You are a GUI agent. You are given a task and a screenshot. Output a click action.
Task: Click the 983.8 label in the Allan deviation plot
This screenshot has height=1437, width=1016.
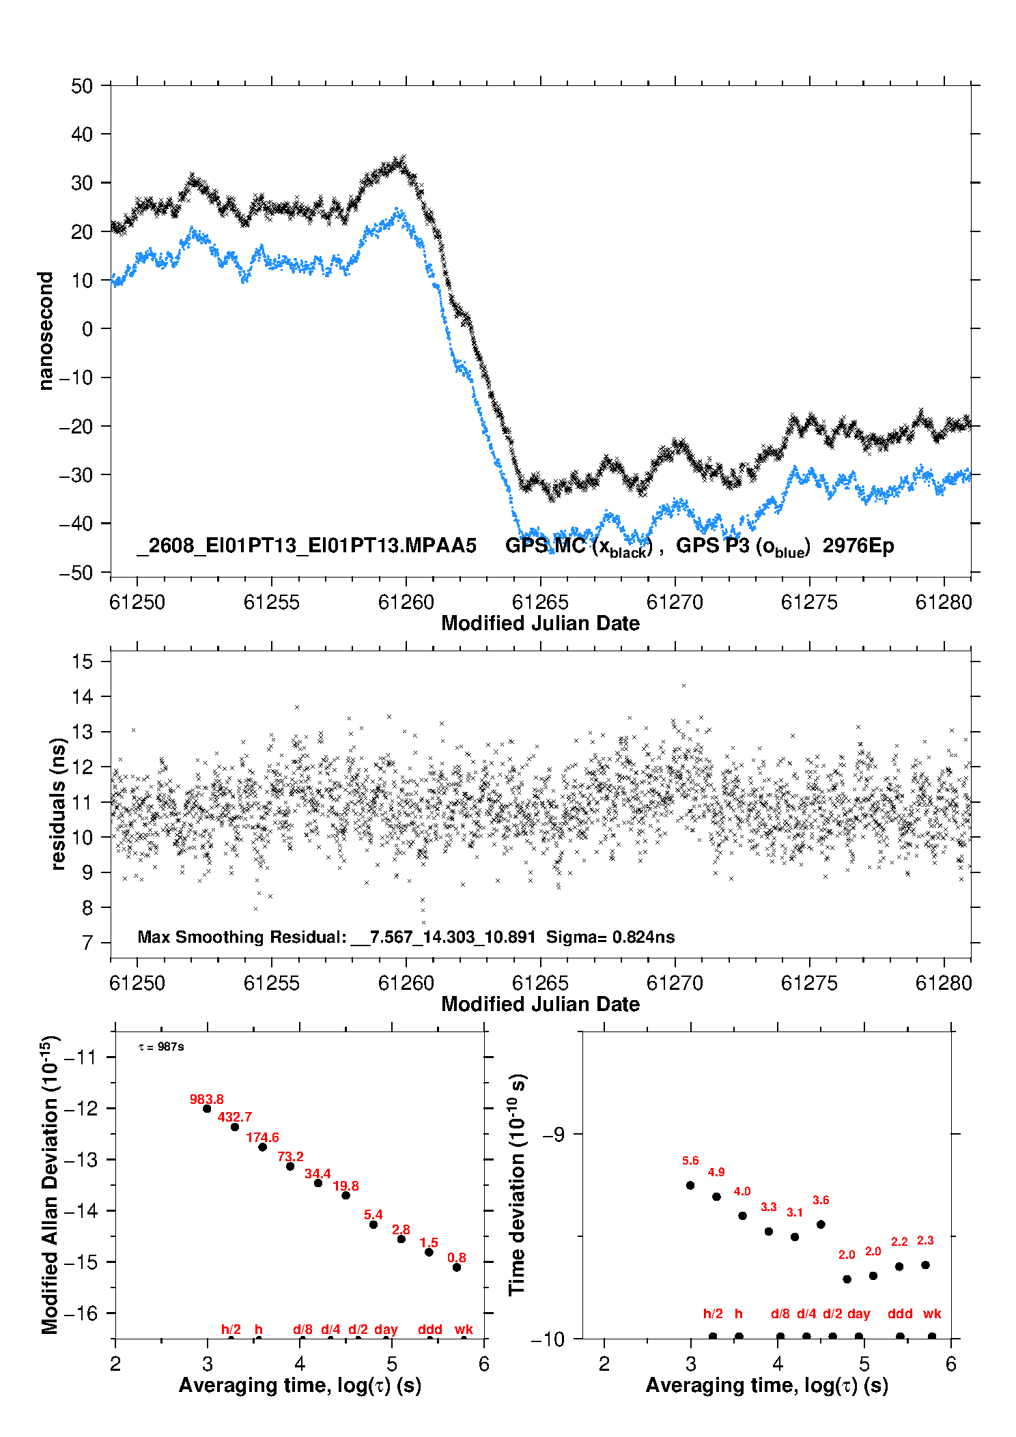pos(206,1099)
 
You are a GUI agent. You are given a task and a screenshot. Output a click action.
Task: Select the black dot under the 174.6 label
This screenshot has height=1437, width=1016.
pos(262,1147)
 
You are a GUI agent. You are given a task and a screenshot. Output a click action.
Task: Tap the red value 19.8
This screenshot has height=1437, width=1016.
pos(345,1186)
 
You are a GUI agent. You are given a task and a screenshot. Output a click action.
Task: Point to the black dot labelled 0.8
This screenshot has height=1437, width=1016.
pos(457,1267)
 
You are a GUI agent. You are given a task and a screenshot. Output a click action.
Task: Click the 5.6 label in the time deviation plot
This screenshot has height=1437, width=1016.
pos(690,1161)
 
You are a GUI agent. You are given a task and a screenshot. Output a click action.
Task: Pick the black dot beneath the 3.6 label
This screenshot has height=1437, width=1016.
pos(821,1224)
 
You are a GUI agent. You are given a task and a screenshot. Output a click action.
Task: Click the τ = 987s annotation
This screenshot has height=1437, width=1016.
pos(161,1047)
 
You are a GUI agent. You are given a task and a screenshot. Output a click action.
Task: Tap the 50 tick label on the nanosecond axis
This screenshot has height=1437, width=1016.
pos(82,86)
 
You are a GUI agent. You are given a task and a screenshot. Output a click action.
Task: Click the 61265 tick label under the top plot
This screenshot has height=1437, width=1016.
pos(540,602)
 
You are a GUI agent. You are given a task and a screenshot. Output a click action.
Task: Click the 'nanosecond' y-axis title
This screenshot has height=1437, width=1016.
pos(46,330)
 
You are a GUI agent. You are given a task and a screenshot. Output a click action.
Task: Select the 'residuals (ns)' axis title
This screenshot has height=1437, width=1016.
pos(59,803)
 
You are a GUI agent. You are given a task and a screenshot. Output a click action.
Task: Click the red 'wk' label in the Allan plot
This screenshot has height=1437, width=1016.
pos(464,1329)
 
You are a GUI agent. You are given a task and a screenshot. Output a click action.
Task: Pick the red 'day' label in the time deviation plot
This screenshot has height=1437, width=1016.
pos(858,1314)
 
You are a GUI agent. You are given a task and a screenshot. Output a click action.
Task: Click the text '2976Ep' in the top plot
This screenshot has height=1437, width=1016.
pos(858,545)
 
